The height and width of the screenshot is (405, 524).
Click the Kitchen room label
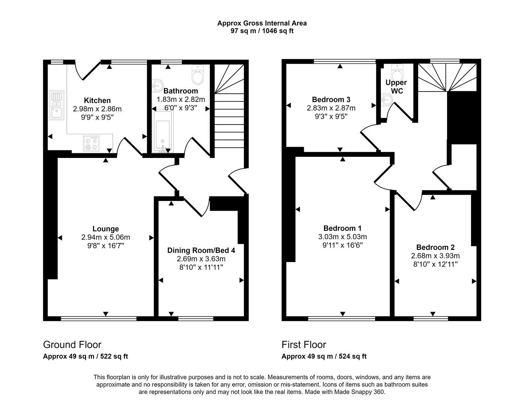pyautogui.click(x=97, y=100)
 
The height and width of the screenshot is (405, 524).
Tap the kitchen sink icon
pyautogui.click(x=56, y=106)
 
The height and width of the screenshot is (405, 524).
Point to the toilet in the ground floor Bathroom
pyautogui.click(x=197, y=75)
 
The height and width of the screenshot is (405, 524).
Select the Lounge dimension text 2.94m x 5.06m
pyautogui.click(x=105, y=237)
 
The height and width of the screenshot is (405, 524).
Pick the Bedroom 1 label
pyautogui.click(x=342, y=228)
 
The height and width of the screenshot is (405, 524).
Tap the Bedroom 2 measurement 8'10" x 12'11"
pyautogui.click(x=435, y=264)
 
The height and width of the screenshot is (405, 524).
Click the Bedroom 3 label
pyautogui.click(x=331, y=100)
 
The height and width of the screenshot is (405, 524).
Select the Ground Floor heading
pyautogui.click(x=72, y=345)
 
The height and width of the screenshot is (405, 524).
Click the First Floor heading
pyautogui.click(x=304, y=345)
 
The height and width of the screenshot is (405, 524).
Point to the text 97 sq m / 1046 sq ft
pyautogui.click(x=262, y=31)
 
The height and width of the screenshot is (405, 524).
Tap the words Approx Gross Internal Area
pyautogui.click(x=262, y=23)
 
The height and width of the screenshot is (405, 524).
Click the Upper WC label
pyautogui.click(x=396, y=87)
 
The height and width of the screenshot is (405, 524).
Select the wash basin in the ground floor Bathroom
pyautogui.click(x=158, y=86)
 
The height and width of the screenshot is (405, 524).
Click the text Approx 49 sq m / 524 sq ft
pyautogui.click(x=324, y=357)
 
